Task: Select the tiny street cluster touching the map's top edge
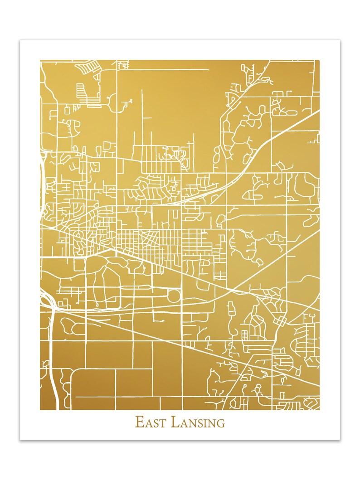[122, 64]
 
